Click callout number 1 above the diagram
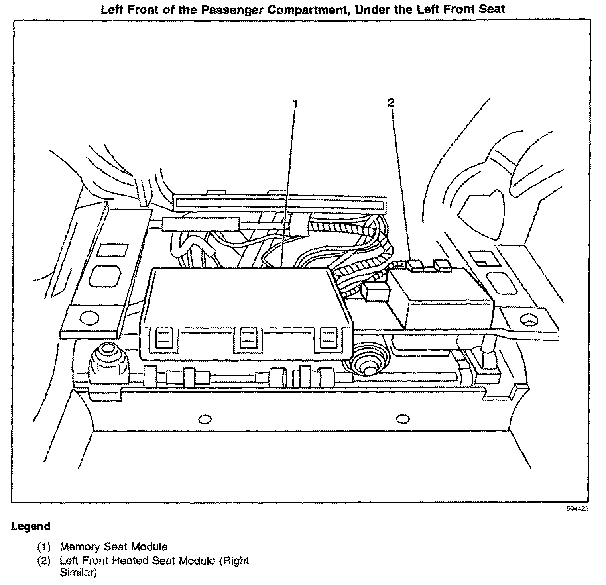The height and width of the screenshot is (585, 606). (295, 104)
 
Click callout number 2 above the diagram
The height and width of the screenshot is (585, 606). (391, 103)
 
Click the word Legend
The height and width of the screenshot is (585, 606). (31, 526)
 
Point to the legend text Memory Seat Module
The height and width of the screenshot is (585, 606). (113, 547)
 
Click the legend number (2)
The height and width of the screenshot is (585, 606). (44, 561)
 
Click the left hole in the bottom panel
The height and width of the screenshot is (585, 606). (205, 419)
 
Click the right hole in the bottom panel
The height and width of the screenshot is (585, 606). (403, 419)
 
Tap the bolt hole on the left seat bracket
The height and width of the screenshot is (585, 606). (89, 318)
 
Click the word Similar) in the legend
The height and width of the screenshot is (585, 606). (78, 573)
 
